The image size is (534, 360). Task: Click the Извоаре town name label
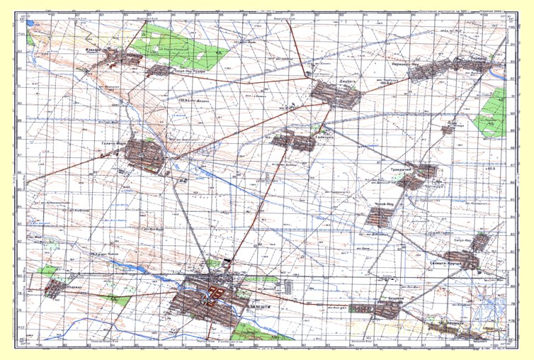pyautogui.click(x=95, y=50)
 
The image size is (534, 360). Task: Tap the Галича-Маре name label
pyautogui.click(x=110, y=145)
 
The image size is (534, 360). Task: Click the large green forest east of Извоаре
pyautogui.click(x=177, y=44)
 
